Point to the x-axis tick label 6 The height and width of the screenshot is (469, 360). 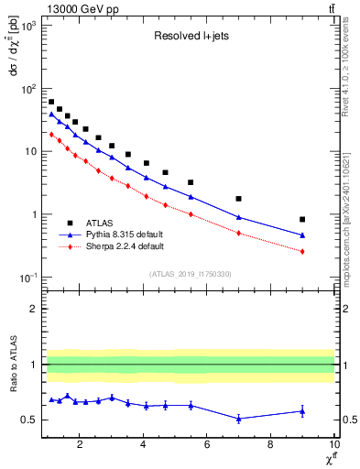[207, 446]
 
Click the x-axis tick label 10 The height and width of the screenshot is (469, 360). [333, 446]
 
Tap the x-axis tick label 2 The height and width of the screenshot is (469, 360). [81, 446]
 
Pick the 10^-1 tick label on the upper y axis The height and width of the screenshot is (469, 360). [27, 278]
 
